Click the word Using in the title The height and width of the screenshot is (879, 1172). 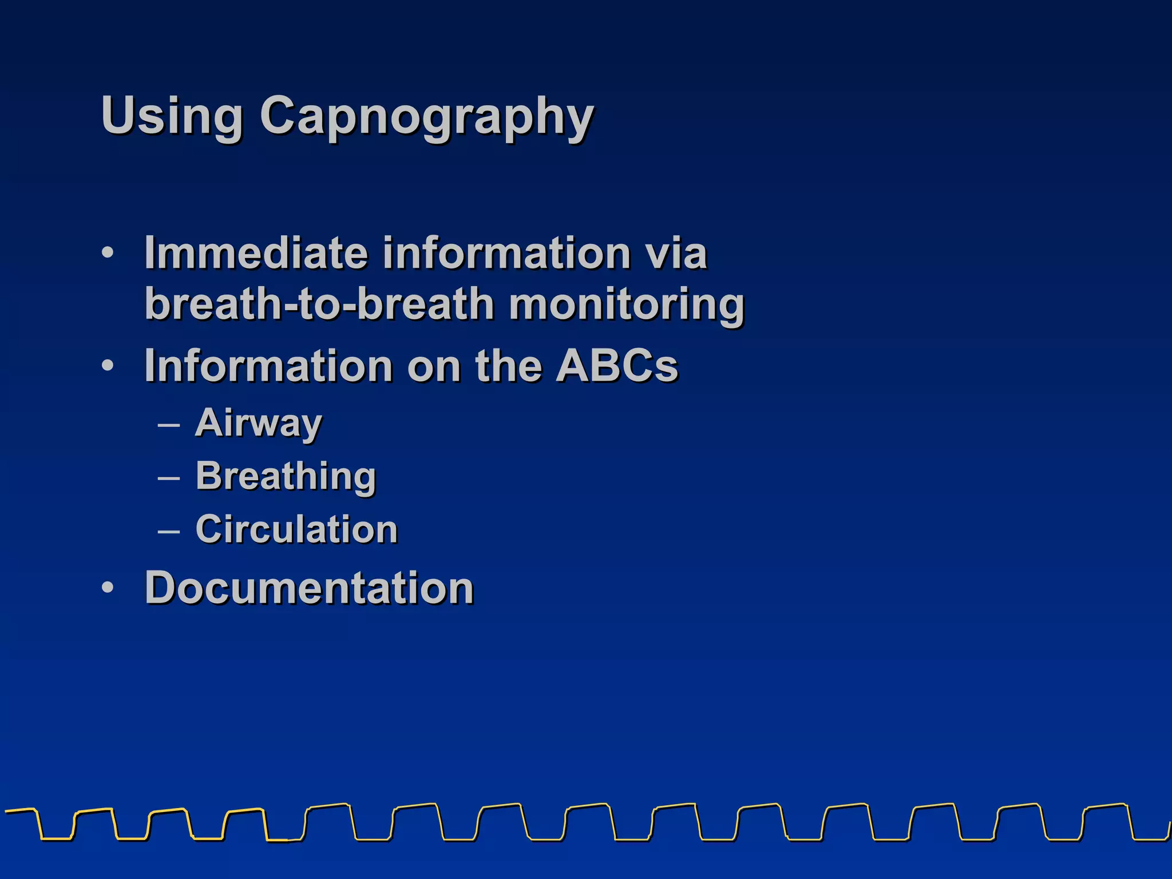coord(172,116)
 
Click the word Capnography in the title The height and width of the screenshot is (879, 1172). coord(427,117)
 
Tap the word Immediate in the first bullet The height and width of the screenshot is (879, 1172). coord(256,253)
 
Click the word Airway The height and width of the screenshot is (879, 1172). coord(259,423)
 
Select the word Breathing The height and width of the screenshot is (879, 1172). coord(286,477)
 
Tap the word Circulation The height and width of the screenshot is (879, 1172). coord(296,529)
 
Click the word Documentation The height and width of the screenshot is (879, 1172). coord(310,588)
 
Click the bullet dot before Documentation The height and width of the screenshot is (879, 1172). coord(108,588)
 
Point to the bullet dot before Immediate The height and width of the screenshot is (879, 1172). coord(108,252)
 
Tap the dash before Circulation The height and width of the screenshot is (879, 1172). coord(168,531)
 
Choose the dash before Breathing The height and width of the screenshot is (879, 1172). coord(168,478)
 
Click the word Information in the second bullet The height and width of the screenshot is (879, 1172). coord(268,366)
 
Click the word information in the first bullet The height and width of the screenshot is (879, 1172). coord(506,253)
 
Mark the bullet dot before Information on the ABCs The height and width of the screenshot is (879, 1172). coord(108,365)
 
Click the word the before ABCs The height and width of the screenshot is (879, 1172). coord(508,366)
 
